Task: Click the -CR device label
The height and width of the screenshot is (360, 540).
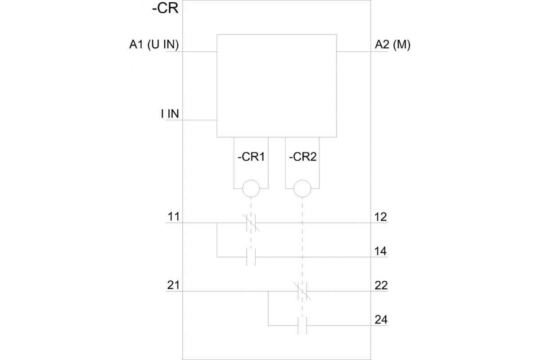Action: click(x=166, y=9)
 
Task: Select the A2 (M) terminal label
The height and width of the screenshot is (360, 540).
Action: click(x=392, y=45)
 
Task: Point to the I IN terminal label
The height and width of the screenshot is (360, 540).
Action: click(x=170, y=114)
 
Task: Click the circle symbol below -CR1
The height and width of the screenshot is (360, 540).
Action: click(x=251, y=189)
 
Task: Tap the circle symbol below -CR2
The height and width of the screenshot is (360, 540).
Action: click(x=302, y=189)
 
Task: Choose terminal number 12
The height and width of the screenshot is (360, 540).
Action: click(x=381, y=216)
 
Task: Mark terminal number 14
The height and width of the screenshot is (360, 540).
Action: click(x=381, y=251)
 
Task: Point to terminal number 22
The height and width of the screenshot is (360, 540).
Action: click(x=381, y=285)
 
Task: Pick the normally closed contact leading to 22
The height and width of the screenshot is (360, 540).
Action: click(x=303, y=291)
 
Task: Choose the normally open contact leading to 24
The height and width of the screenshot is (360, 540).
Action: click(x=303, y=325)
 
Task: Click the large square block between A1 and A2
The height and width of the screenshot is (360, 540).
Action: click(x=277, y=85)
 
